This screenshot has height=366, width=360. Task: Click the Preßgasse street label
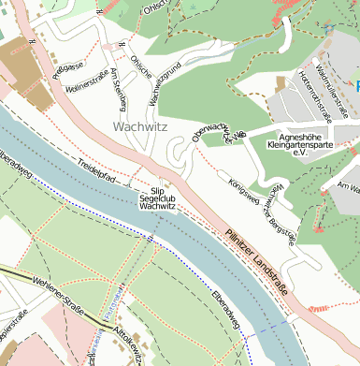69,69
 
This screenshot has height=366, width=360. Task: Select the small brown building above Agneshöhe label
280,84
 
